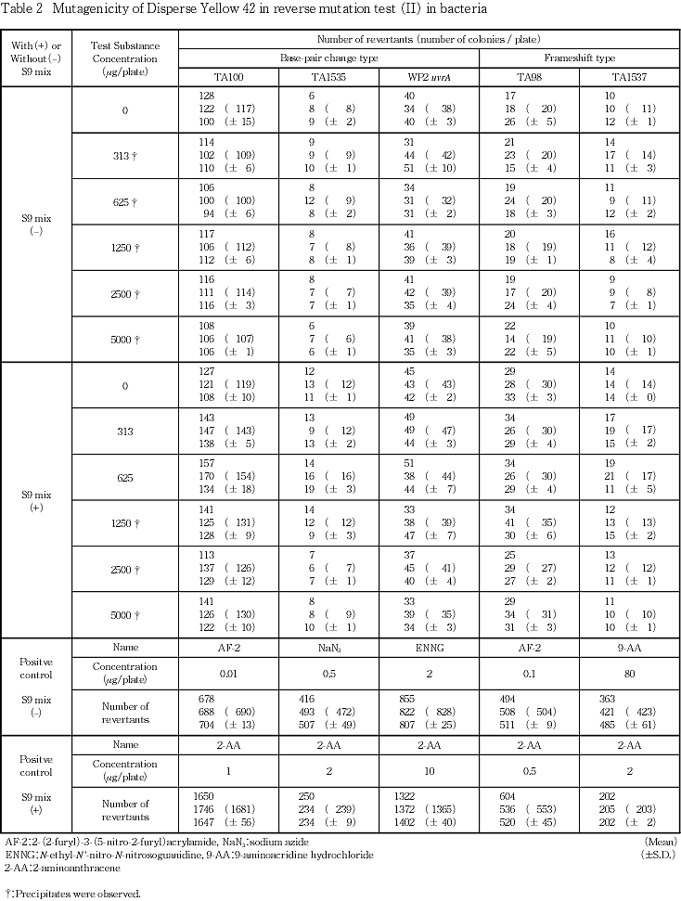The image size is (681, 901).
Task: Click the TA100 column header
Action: click(x=226, y=76)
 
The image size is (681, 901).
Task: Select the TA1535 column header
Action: click(x=328, y=76)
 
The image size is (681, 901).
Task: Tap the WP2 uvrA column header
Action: click(x=430, y=76)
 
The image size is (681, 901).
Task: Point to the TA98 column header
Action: click(x=530, y=76)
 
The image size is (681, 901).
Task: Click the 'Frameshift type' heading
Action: click(x=580, y=57)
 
